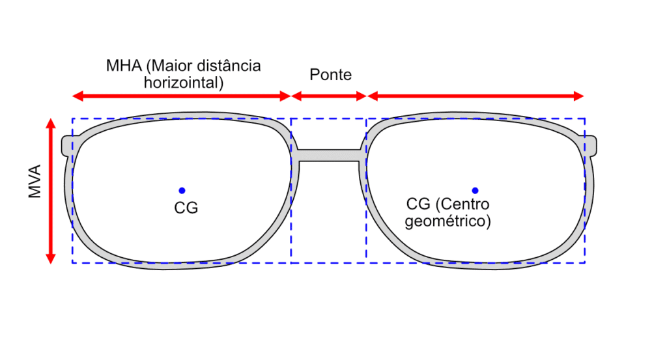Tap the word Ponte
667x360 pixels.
[330, 75]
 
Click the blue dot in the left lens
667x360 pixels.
[182, 190]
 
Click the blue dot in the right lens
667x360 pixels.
[475, 190]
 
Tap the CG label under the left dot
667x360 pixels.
[186, 208]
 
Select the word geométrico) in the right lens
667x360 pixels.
[447, 221]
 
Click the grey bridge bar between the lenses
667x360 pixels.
[329, 155]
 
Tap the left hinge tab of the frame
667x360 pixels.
[66, 146]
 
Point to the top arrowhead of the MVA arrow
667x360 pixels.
[50, 122]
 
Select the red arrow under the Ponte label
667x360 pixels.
[329, 96]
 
